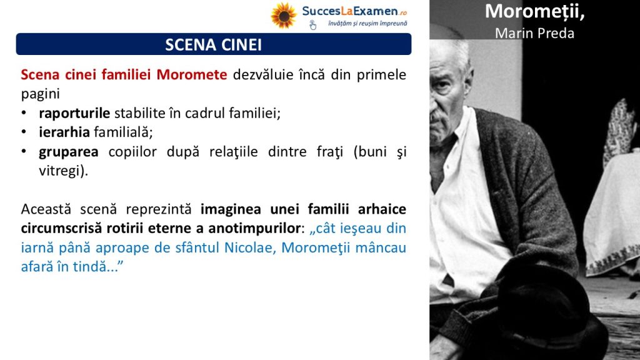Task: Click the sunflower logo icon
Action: click(284, 16)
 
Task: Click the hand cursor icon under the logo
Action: click(312, 25)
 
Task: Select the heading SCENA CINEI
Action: click(214, 44)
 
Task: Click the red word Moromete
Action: click(192, 75)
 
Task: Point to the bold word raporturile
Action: click(74, 113)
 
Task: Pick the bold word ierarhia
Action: click(64, 132)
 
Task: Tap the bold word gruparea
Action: click(69, 152)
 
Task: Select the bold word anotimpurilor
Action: click(254, 228)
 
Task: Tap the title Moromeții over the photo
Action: click(535, 12)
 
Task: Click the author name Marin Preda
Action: click(535, 33)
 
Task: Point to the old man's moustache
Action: click(437, 116)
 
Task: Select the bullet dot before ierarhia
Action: click(24, 132)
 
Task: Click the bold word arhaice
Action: click(382, 209)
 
